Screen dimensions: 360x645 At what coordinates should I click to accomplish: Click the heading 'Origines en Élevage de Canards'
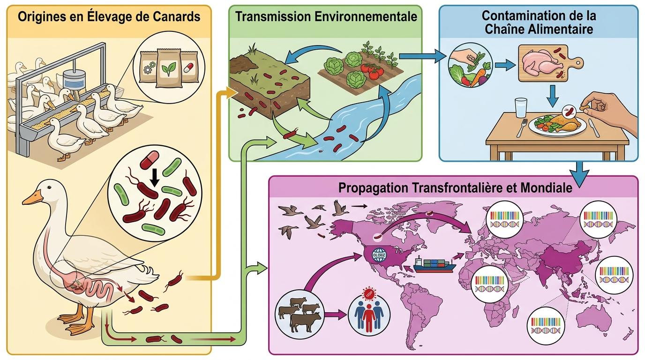pyautogui.click(x=108, y=17)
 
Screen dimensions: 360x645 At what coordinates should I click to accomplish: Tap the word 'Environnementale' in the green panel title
pyautogui.click(x=370, y=17)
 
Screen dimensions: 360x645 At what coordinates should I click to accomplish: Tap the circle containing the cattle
pyautogui.click(x=299, y=312)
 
